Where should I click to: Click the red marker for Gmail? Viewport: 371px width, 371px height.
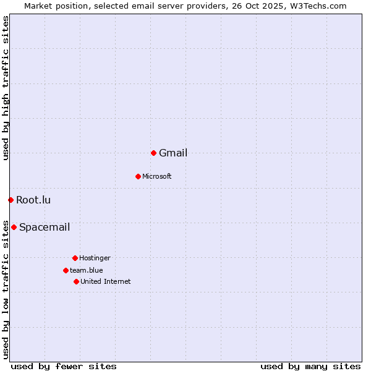153,153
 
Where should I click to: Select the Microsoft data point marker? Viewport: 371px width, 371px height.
138,176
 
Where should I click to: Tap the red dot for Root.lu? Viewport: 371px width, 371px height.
11,200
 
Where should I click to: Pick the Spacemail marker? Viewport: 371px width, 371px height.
14,227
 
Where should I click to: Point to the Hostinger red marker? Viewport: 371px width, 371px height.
75,258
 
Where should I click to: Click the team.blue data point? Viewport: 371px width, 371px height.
66,270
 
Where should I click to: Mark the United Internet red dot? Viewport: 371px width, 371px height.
76,281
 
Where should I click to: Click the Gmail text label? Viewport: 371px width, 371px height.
173,153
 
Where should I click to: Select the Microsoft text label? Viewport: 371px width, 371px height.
157,177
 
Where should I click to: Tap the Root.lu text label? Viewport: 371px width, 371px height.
33,200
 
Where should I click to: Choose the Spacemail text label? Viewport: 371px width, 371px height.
45,228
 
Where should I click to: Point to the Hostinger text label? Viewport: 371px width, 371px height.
95,258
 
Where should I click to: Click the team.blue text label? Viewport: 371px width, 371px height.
87,271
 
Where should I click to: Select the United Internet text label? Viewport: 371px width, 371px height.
106,282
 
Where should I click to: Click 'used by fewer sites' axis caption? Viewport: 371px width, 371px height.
64,366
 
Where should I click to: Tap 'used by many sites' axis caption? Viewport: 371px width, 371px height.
310,366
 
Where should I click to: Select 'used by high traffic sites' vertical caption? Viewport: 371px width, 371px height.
6,88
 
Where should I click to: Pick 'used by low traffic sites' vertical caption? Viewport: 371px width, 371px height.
6,289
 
